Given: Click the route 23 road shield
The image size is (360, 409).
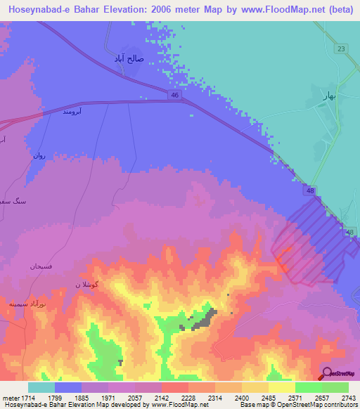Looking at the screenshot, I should pyautogui.click(x=341, y=48).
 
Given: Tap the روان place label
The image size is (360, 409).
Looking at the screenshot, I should pyautogui.click(x=39, y=155).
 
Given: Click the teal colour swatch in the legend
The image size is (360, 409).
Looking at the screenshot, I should pyautogui.click(x=41, y=388).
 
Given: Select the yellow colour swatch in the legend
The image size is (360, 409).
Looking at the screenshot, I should pyautogui.click(x=281, y=388).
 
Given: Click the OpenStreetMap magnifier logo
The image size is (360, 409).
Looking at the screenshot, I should pyautogui.click(x=327, y=372).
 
